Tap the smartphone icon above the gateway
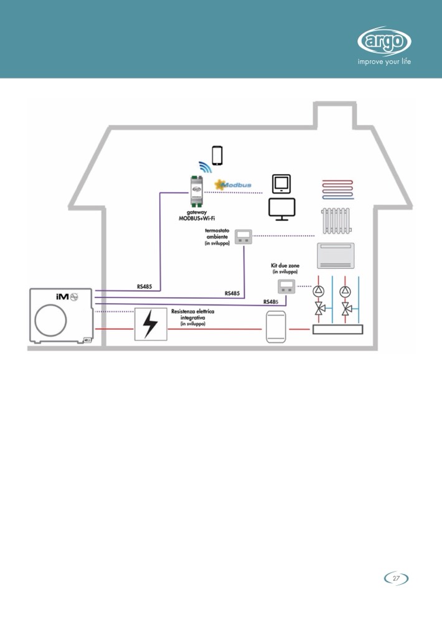coord(217,155)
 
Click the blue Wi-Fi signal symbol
coord(205,166)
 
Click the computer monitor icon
coord(281,209)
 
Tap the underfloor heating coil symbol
coord(337,188)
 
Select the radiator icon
coord(337,220)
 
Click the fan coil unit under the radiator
coord(336,256)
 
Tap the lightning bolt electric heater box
coord(151,324)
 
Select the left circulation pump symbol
coord(319,291)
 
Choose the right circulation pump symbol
coord(346,291)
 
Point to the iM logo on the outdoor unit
coord(62,296)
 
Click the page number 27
coord(396,578)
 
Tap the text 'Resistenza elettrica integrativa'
coord(194,314)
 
